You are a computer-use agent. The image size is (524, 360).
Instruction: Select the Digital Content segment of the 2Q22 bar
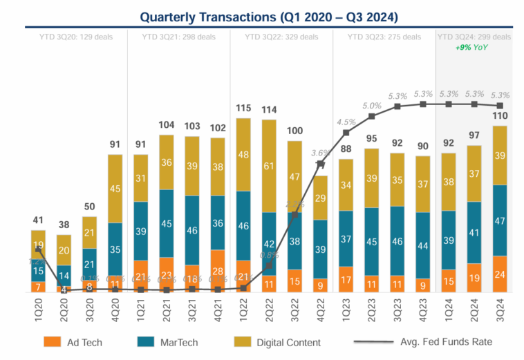point(270,166)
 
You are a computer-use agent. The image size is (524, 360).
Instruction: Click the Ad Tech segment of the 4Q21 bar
point(218,271)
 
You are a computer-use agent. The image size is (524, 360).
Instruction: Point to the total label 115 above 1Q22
point(243,108)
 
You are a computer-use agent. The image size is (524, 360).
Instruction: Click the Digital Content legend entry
point(295,341)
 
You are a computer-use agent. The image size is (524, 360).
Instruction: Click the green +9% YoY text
point(474,47)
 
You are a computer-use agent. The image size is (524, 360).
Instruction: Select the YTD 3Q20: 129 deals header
point(76,36)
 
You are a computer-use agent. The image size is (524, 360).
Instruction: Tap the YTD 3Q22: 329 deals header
point(281,36)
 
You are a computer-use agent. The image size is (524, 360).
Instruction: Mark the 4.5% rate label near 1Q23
point(346,123)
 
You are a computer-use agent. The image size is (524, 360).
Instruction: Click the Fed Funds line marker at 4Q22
point(321,164)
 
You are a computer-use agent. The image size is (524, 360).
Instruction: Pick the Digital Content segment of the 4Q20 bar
point(115,189)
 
